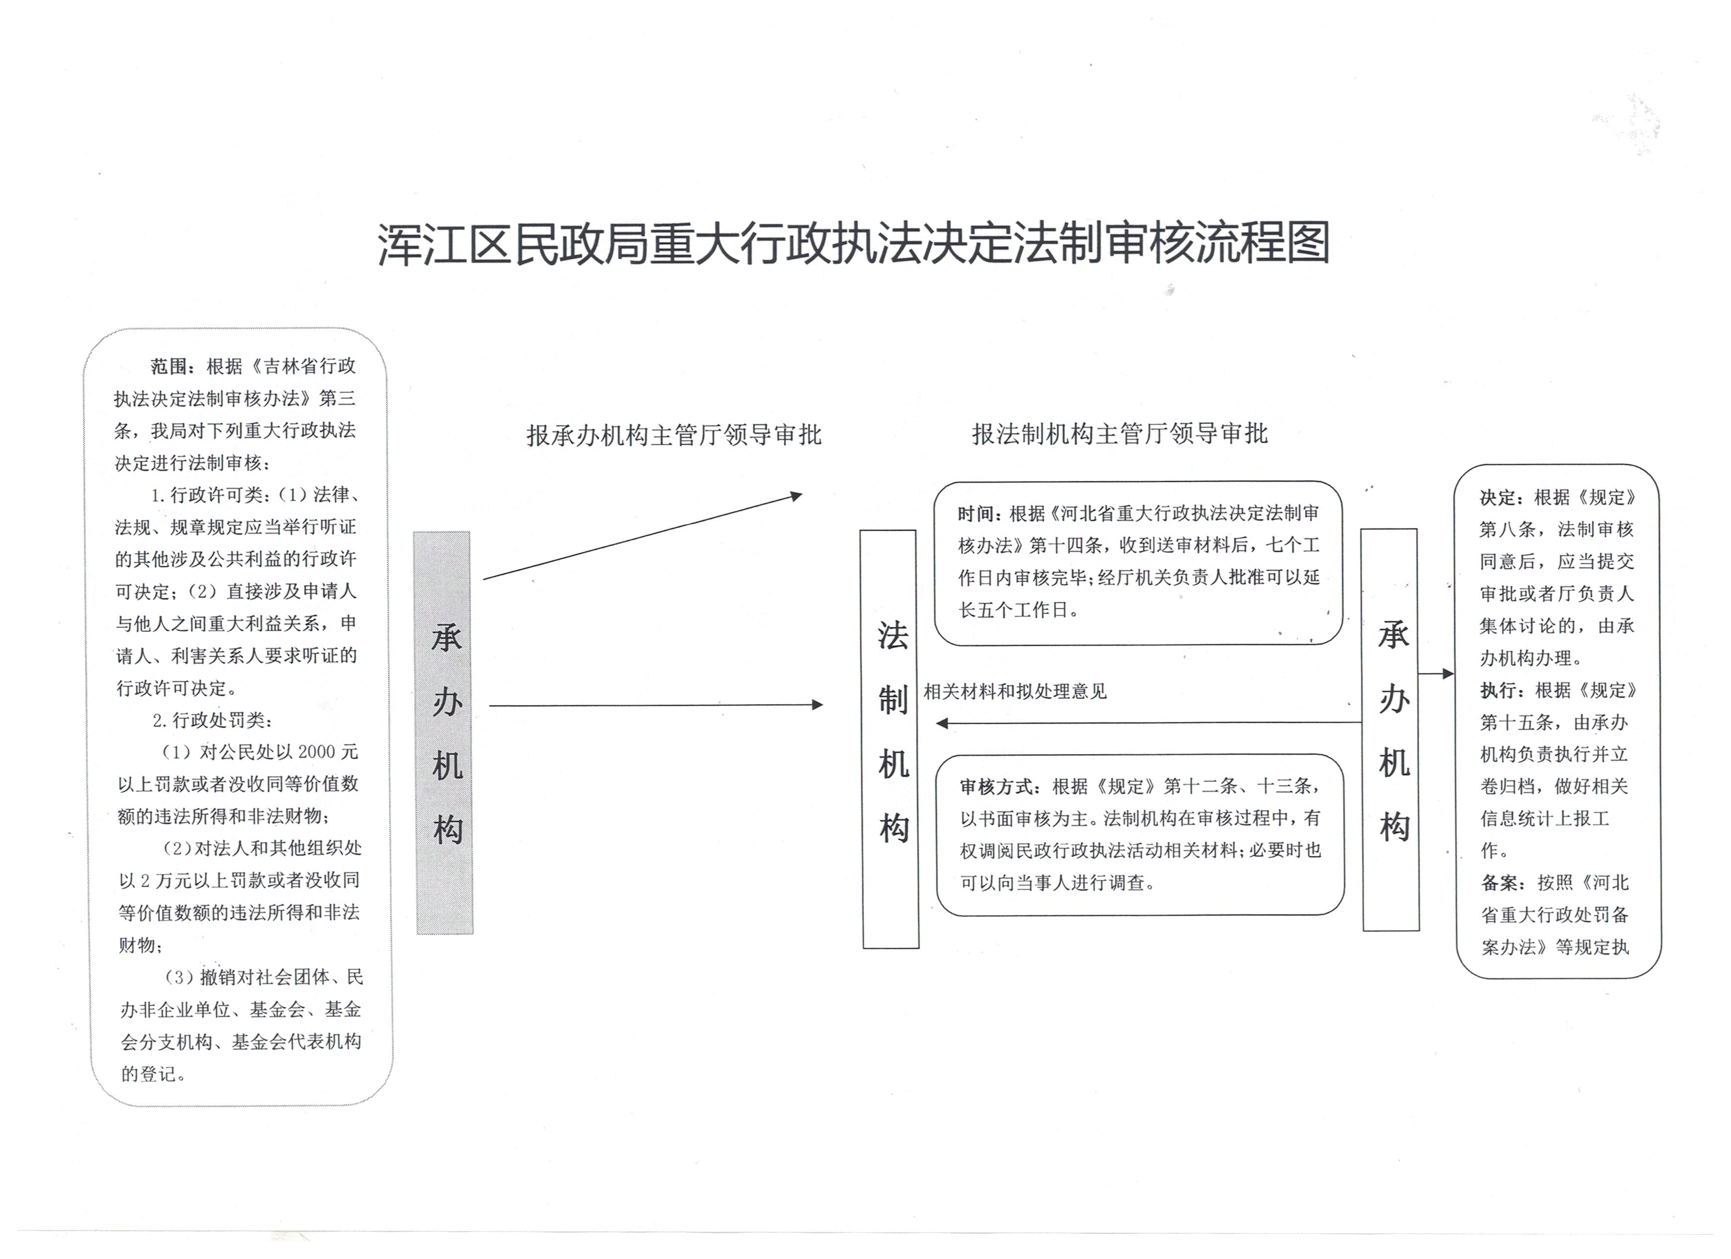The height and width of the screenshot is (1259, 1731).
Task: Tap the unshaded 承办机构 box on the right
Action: [1390, 729]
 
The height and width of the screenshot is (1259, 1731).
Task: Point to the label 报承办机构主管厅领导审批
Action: [673, 435]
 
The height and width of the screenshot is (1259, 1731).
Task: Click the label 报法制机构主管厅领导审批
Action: [1119, 433]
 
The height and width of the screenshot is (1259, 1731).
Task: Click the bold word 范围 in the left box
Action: [169, 366]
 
